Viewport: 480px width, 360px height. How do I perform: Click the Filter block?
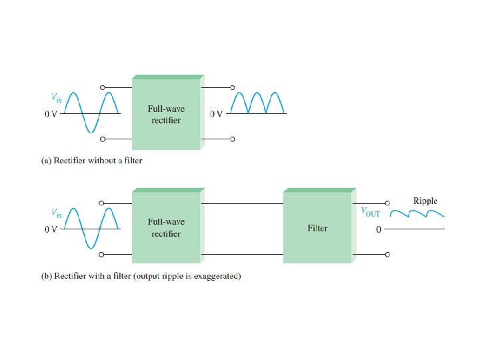pyautogui.click(x=317, y=227)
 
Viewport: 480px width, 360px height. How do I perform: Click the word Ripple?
pyautogui.click(x=425, y=201)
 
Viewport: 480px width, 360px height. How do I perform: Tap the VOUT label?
pyautogui.click(x=371, y=212)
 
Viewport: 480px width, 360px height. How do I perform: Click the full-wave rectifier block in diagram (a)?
pyautogui.click(x=166, y=114)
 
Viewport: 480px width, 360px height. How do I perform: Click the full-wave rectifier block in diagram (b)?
pyautogui.click(x=166, y=227)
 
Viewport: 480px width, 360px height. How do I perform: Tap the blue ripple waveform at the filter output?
pyautogui.click(x=417, y=215)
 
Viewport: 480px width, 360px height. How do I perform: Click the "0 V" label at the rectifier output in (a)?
pyautogui.click(x=216, y=114)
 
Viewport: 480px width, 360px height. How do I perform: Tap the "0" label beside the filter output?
pyautogui.click(x=378, y=230)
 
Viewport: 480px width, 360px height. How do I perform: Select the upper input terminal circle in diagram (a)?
pyautogui.click(x=102, y=87)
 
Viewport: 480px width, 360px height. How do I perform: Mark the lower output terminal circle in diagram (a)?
pyautogui.click(x=233, y=140)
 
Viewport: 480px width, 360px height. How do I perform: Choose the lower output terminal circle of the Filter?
pyautogui.click(x=387, y=254)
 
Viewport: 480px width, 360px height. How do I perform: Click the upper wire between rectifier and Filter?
pyautogui.click(x=242, y=203)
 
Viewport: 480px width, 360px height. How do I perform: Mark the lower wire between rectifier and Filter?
pyautogui.click(x=242, y=254)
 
